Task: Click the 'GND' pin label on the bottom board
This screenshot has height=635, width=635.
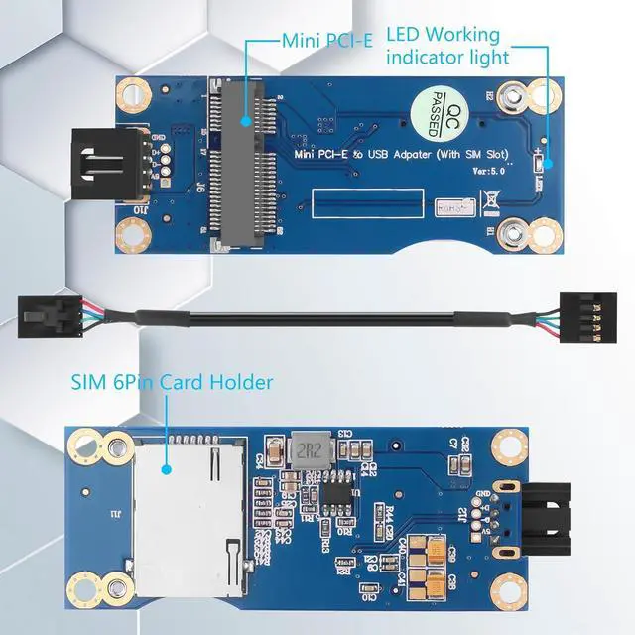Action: point(484,494)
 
